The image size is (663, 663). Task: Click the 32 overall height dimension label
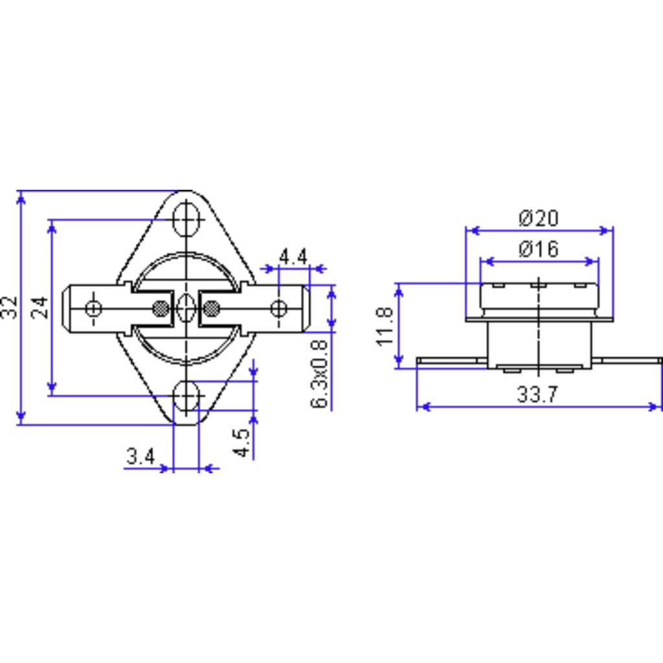click(9, 308)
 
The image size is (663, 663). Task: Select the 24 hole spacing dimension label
click(39, 308)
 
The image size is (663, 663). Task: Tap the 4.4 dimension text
click(293, 256)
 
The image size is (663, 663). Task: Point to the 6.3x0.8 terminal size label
click(319, 374)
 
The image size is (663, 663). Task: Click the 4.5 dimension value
click(242, 443)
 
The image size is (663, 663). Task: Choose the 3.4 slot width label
click(140, 456)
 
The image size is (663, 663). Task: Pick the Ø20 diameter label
click(539, 218)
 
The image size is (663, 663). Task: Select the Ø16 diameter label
click(539, 249)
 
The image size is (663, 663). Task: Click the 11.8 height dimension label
click(385, 327)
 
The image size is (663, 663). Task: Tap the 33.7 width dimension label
click(537, 394)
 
